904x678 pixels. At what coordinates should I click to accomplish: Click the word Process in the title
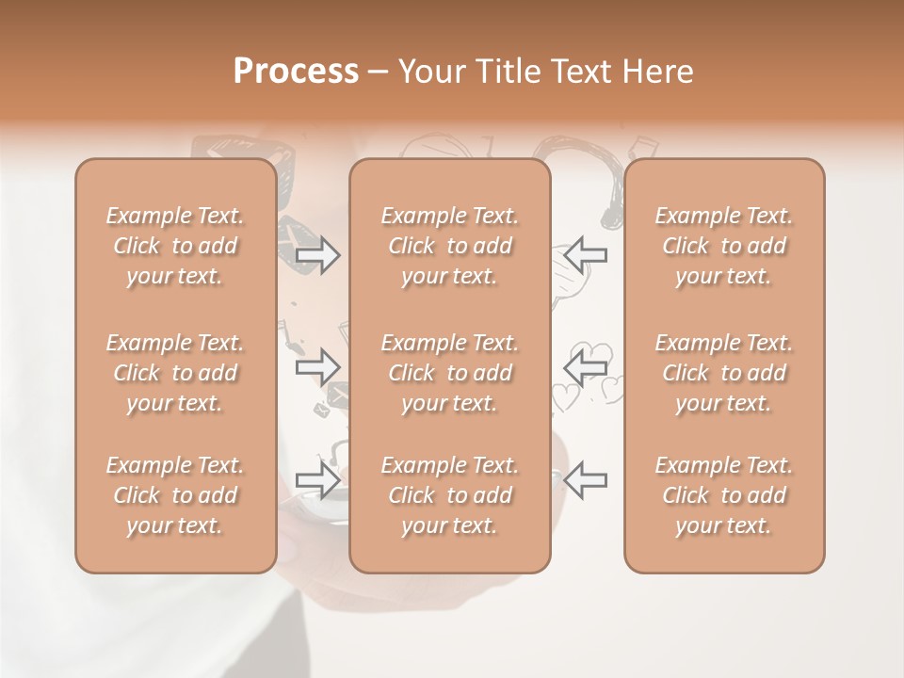pos(296,72)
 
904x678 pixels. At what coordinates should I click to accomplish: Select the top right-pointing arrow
pos(317,255)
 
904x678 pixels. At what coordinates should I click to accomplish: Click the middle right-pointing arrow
pos(317,367)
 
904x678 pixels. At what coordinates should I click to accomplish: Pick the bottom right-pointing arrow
pos(317,479)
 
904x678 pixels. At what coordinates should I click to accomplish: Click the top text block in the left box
pos(175,246)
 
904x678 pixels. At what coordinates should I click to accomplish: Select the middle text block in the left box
pos(175,373)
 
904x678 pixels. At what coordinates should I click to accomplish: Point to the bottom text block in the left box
pos(175,495)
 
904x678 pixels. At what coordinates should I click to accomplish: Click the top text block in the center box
pos(450,246)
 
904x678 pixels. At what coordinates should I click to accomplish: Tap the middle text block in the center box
pos(450,373)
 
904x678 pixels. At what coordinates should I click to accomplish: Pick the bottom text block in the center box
pos(450,495)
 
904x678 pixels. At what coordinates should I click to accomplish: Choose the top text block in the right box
pos(724,246)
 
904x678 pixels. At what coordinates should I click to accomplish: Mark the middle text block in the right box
pos(724,373)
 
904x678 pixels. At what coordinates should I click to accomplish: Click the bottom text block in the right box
pos(724,495)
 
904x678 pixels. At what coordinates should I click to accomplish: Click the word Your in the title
pos(429,72)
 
